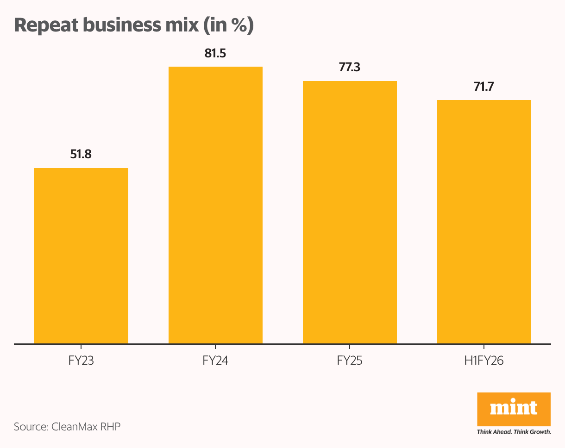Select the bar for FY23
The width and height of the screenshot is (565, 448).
(x=81, y=256)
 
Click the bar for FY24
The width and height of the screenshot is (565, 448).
(x=215, y=205)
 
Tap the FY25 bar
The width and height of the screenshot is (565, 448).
(x=350, y=212)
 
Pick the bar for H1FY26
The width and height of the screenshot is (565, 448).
(x=484, y=222)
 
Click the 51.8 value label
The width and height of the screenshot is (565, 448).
(x=81, y=154)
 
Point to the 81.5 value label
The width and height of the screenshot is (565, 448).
(x=215, y=53)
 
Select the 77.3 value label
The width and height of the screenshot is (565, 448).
(x=350, y=68)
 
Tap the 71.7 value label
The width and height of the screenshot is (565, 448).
(x=484, y=87)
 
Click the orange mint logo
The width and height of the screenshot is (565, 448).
(x=514, y=409)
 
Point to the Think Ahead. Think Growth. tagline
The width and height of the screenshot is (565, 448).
(x=514, y=432)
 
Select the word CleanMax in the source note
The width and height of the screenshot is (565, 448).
(x=73, y=426)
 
